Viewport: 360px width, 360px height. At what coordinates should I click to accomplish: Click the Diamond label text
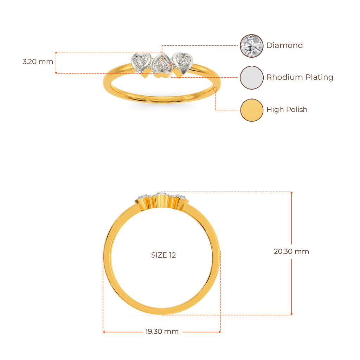[284, 45]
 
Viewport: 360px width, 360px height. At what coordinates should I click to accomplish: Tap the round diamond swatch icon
[251, 46]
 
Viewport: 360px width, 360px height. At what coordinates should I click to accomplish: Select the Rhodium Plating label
[299, 77]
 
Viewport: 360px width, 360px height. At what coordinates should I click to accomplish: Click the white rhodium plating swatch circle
[251, 77]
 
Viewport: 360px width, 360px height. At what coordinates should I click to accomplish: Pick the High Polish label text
[287, 110]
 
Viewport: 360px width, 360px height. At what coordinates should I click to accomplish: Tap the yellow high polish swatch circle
[251, 110]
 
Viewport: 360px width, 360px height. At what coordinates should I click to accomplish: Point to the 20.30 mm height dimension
[291, 252]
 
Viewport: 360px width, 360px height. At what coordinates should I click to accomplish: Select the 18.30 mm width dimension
[162, 332]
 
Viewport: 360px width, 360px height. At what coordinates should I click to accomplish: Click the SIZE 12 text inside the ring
[163, 255]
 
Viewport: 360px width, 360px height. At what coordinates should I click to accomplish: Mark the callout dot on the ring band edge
[215, 89]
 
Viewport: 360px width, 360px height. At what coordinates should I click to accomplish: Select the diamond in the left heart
[141, 62]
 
